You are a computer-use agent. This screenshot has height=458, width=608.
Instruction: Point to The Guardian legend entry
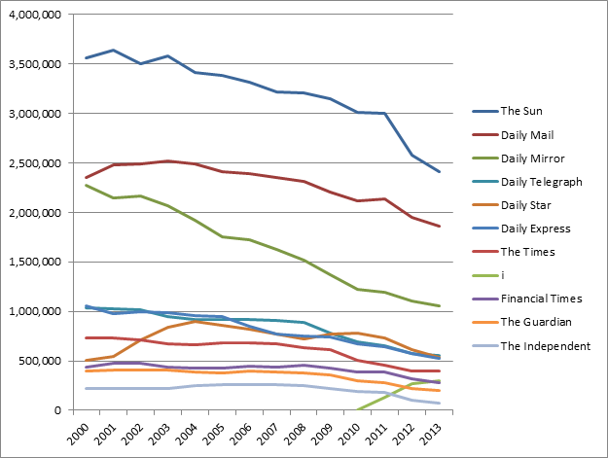click(x=534, y=323)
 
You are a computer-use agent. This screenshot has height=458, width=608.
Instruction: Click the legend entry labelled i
click(x=504, y=276)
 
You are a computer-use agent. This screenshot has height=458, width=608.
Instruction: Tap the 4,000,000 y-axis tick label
click(x=35, y=15)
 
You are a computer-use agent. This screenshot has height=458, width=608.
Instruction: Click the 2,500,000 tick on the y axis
click(x=35, y=163)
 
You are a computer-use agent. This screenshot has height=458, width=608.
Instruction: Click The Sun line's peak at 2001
click(x=114, y=50)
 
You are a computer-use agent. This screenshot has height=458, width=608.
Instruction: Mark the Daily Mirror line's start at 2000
click(x=88, y=185)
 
